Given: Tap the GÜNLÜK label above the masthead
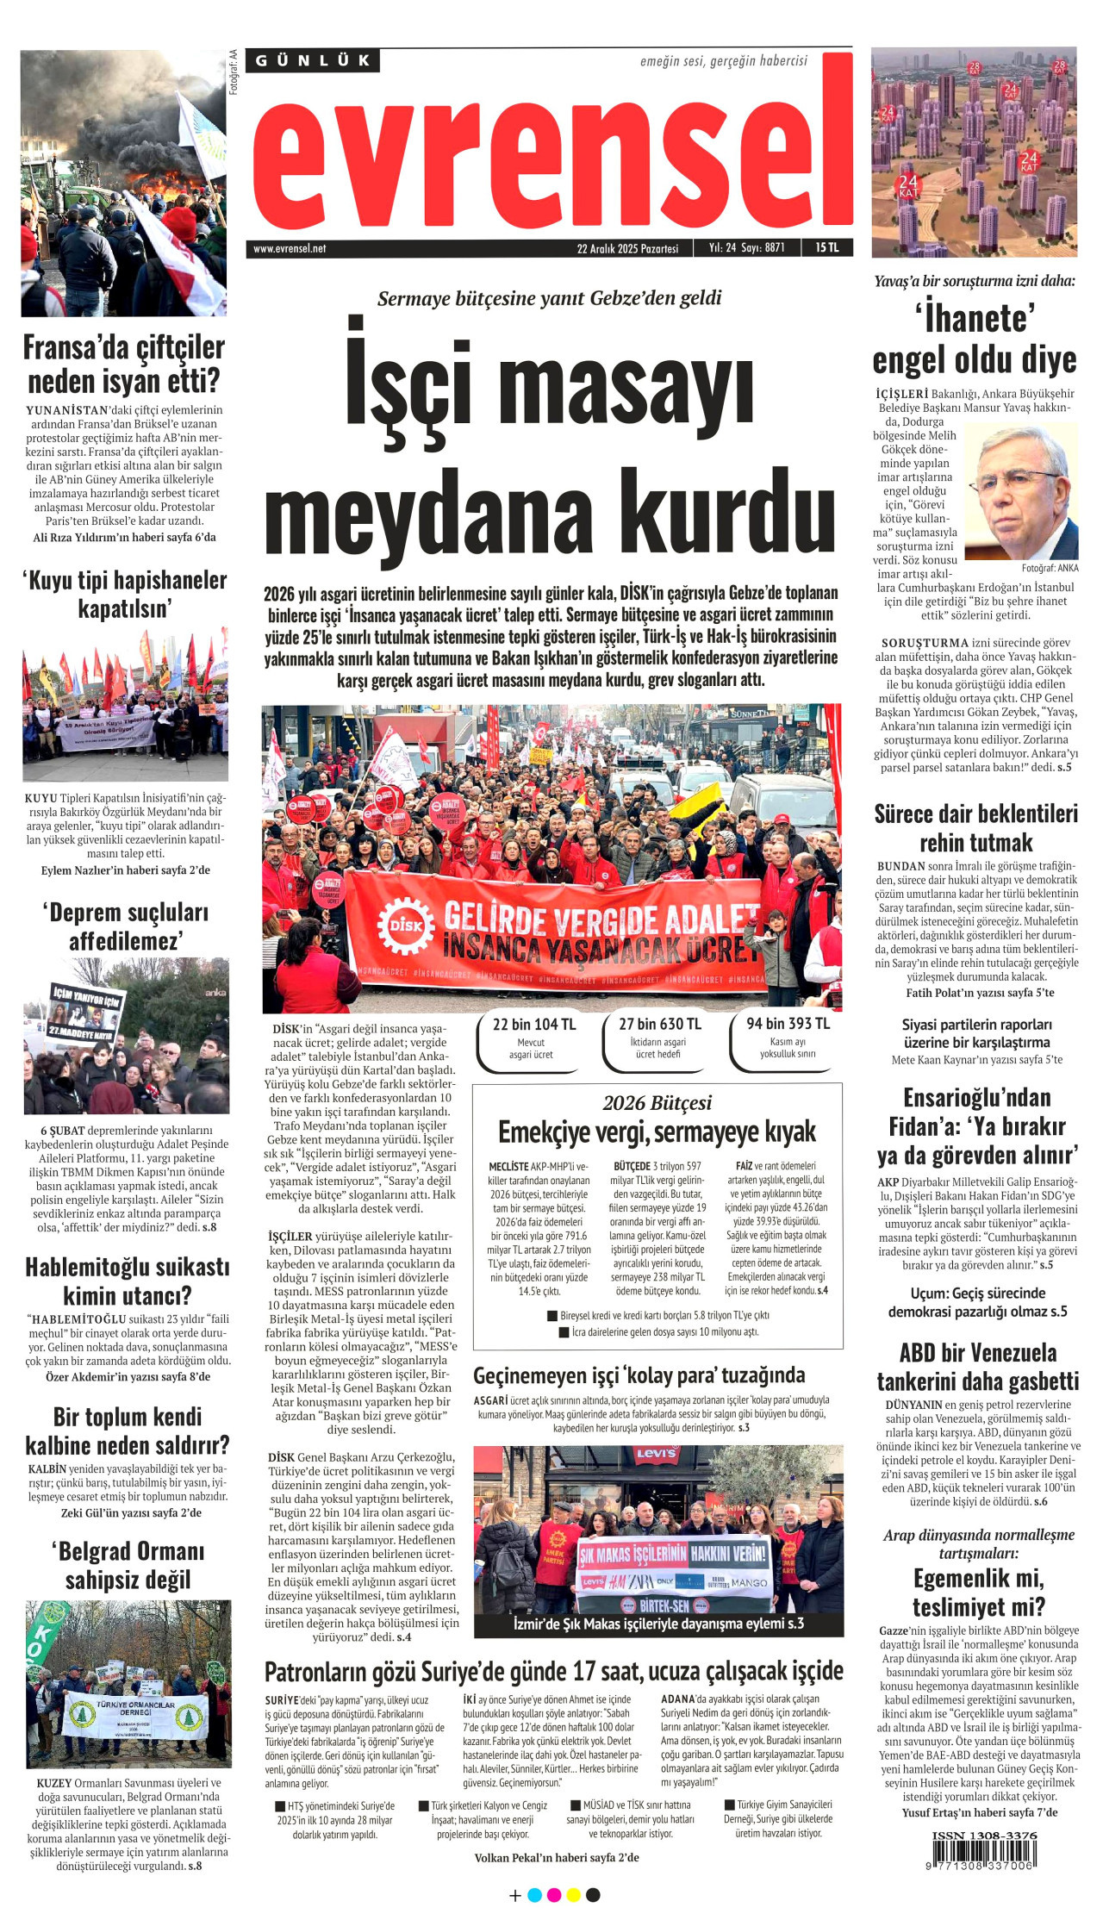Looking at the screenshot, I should pyautogui.click(x=313, y=60).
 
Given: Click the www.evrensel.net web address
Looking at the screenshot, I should pyautogui.click(x=290, y=248).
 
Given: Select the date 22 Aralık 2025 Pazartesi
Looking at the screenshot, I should pyautogui.click(x=627, y=248).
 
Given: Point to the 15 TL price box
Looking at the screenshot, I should pyautogui.click(x=826, y=247).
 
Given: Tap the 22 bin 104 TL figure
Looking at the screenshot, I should pyautogui.click(x=533, y=1024).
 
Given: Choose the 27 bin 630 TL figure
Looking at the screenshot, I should pyautogui.click(x=659, y=1024).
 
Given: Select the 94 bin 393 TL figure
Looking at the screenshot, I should pyautogui.click(x=788, y=1023).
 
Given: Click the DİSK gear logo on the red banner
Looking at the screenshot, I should pyautogui.click(x=406, y=925).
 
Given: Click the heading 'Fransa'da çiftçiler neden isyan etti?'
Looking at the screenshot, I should pyautogui.click(x=124, y=364).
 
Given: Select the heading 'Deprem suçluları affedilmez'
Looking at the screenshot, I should pyautogui.click(x=125, y=926).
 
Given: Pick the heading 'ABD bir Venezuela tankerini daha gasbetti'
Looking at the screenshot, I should pyautogui.click(x=977, y=1367).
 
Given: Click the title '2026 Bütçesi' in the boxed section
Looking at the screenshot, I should pyautogui.click(x=657, y=1102).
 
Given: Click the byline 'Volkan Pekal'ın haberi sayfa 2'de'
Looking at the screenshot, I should pyautogui.click(x=556, y=1857).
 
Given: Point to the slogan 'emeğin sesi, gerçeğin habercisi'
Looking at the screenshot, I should pyautogui.click(x=723, y=61).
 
